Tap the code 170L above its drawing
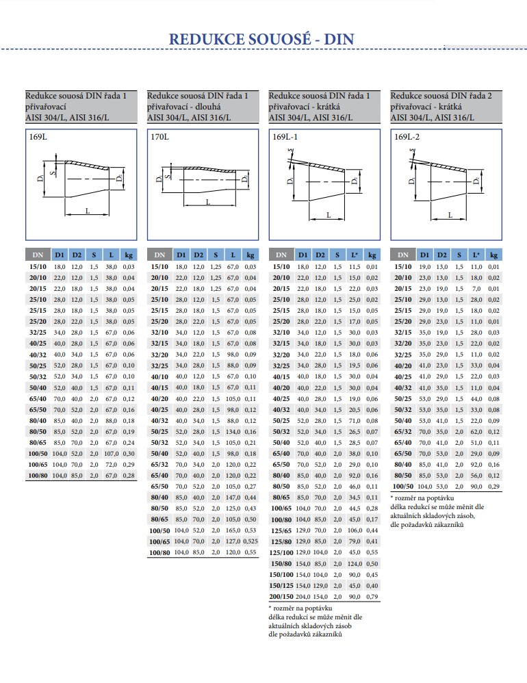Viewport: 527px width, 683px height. [159, 137]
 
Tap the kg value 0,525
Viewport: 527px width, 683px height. [250, 541]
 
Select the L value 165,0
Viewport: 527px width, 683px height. [233, 530]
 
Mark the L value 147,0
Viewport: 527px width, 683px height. [233, 498]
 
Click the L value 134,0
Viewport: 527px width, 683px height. [233, 432]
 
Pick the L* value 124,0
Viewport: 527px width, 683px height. [355, 563]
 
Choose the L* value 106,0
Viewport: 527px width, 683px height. [355, 530]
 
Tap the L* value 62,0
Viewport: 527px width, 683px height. [476, 432]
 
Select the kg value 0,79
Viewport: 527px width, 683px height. [372, 596]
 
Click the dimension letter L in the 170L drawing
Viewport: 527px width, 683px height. [208, 202]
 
